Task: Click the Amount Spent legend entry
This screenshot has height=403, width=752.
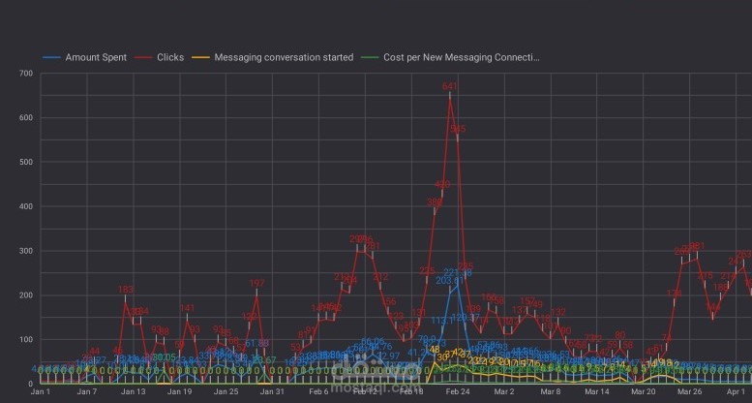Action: tap(91, 57)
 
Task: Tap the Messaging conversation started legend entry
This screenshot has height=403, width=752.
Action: tap(284, 57)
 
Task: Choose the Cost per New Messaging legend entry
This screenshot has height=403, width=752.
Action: tap(461, 57)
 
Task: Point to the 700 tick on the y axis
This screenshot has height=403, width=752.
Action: tap(25, 74)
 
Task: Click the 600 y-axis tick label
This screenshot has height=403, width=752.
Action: tap(25, 118)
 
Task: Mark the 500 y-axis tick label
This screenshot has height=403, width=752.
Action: tap(25, 163)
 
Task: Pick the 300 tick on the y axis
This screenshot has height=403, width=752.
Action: tap(25, 251)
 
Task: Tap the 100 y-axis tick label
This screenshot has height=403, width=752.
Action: tap(25, 339)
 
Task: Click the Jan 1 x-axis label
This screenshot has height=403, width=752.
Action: tap(41, 392)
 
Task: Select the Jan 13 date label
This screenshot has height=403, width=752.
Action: tap(133, 392)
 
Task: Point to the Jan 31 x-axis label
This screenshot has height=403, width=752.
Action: tap(272, 392)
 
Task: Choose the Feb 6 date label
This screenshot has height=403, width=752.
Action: tap(318, 392)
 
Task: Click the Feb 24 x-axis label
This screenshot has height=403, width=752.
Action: tap(458, 392)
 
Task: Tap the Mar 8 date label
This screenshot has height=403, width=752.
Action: tap(551, 392)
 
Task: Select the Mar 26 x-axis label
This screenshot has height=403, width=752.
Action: tap(690, 392)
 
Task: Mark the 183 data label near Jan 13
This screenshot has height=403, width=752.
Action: tap(126, 290)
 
